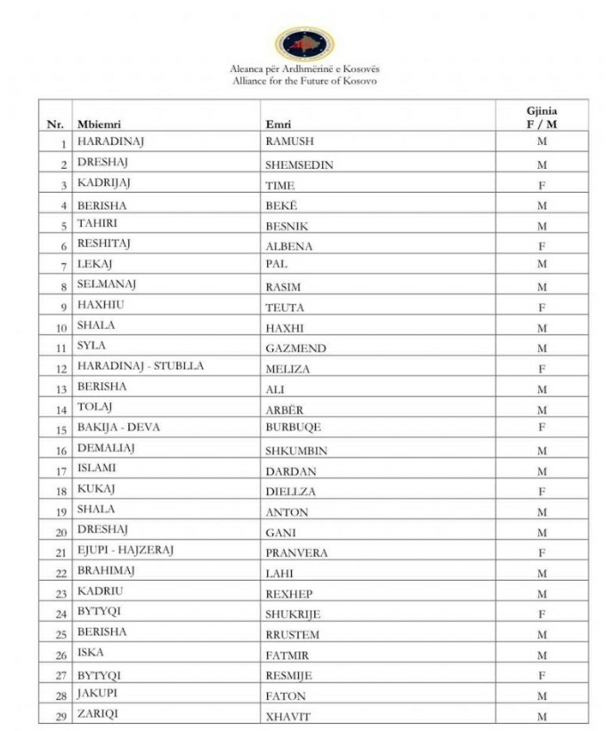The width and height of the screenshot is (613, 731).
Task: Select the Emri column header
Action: click(x=278, y=124)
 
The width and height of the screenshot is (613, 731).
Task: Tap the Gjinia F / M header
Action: click(x=542, y=117)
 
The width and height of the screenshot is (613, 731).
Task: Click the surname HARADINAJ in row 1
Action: click(x=109, y=142)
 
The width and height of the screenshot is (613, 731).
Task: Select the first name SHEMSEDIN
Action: click(x=299, y=165)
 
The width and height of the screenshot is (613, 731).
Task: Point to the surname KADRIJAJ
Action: click(x=105, y=185)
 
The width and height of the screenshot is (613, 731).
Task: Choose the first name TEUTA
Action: click(x=285, y=308)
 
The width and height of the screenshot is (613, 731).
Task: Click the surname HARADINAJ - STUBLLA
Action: click(x=141, y=367)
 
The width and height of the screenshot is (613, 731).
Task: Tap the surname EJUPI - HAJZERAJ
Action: click(x=125, y=551)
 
